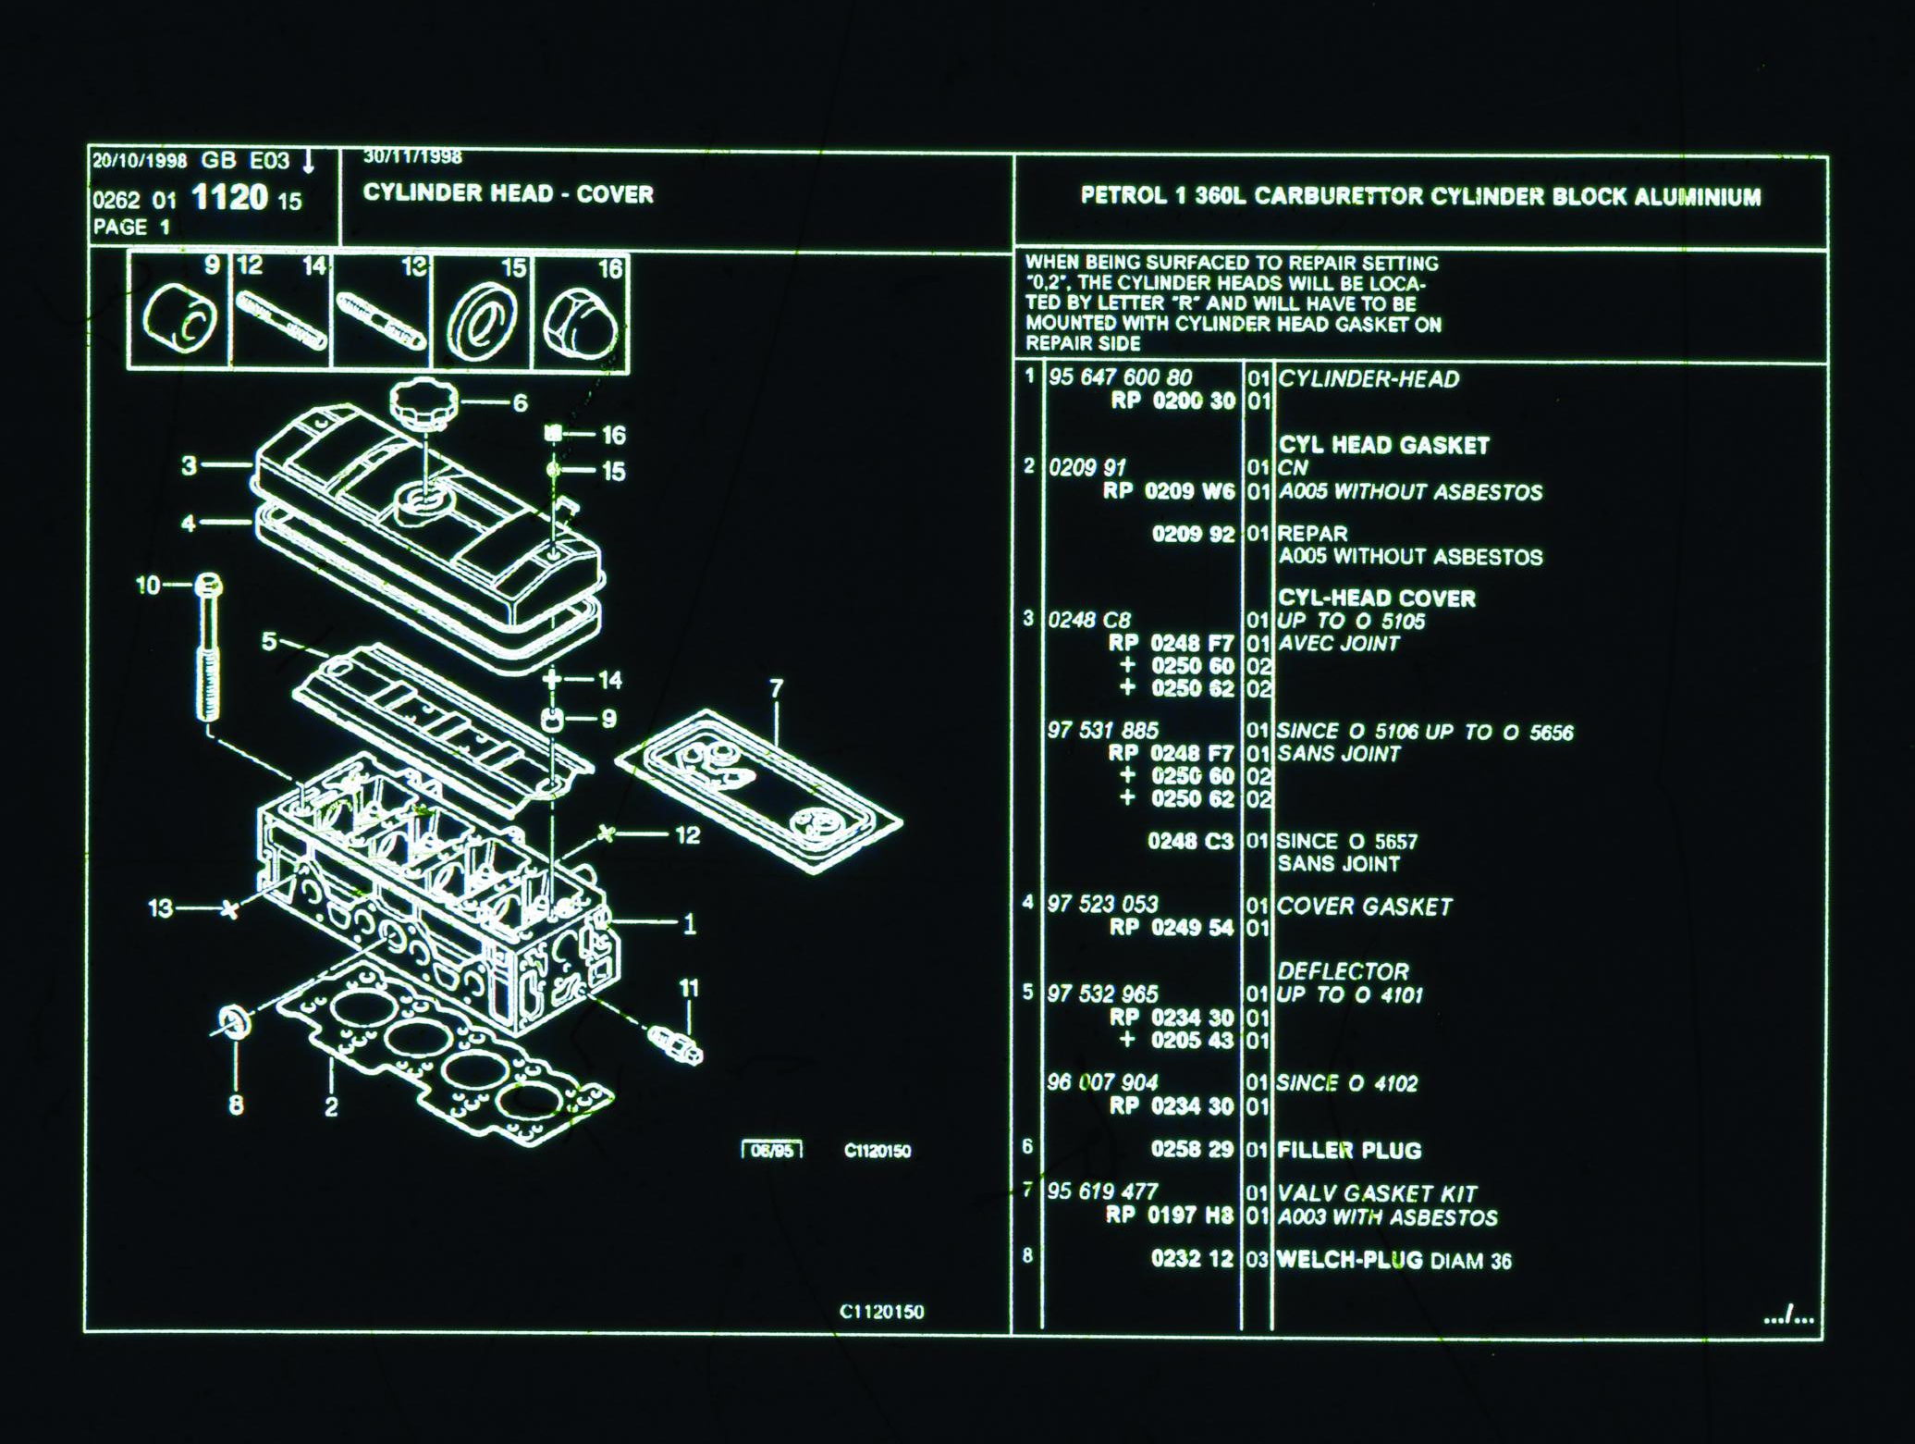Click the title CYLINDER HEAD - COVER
(508, 194)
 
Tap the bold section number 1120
(229, 198)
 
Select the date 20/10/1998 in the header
(140, 161)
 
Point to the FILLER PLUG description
(1348, 1151)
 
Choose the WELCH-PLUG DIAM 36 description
(1393, 1260)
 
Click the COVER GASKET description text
(1364, 907)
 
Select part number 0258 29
(1191, 1150)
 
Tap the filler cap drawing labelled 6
(424, 404)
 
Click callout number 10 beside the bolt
(147, 585)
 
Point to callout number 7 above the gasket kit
(776, 688)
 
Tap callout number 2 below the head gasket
(331, 1106)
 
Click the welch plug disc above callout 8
(235, 1021)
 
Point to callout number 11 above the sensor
(689, 988)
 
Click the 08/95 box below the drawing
(772, 1151)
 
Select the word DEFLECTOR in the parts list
(1343, 971)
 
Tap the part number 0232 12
(1191, 1259)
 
